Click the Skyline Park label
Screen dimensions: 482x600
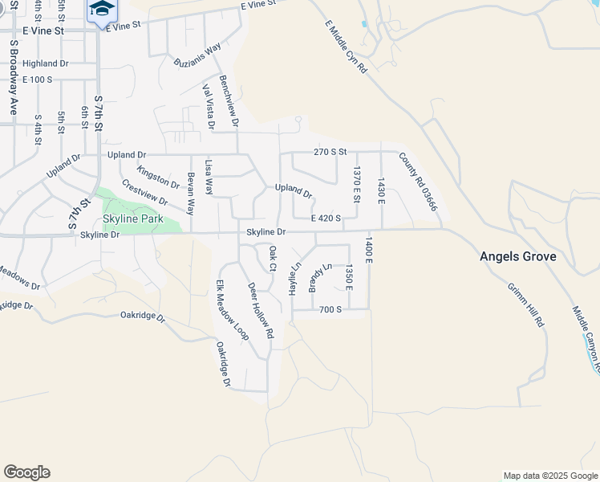click(x=132, y=219)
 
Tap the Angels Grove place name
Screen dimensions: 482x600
click(x=517, y=257)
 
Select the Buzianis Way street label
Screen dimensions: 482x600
click(x=197, y=56)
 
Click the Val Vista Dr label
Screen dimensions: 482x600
click(x=209, y=107)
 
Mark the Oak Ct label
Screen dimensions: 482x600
click(x=273, y=258)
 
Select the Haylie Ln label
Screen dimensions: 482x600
click(x=295, y=276)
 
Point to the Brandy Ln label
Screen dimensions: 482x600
click(x=320, y=276)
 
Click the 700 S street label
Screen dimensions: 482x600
click(x=330, y=309)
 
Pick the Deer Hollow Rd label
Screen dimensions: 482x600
click(x=261, y=310)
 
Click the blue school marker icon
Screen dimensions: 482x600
click(x=102, y=10)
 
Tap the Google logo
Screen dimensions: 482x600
click(x=26, y=472)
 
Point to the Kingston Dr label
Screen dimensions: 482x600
click(x=158, y=178)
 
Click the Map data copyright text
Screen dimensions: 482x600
click(x=549, y=476)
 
